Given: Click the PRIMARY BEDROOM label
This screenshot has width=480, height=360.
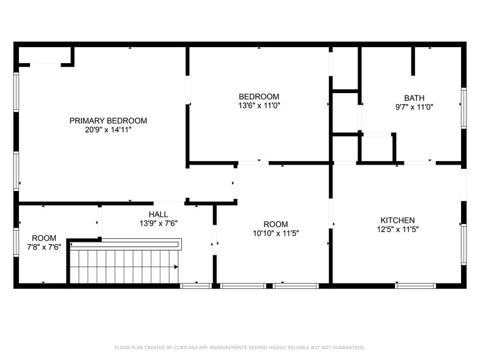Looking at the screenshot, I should pos(108,121).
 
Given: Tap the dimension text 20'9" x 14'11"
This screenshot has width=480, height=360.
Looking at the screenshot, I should pos(108,130).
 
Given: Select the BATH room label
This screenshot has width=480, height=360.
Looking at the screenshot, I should pos(414,98).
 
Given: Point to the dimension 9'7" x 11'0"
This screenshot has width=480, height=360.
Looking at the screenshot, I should pos(414,107).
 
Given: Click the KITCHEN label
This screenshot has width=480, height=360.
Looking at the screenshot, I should pos(397,220).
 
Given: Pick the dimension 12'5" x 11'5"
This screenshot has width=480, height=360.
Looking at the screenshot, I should pos(397,230).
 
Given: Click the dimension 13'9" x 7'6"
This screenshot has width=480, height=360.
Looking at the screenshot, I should pos(158,223).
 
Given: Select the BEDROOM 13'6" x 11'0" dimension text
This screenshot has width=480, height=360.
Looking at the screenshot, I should pos(259,105).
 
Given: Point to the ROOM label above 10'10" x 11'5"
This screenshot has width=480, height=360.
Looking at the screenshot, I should pos(276,224).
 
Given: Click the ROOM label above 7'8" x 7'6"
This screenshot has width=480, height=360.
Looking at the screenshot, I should pos(44,238).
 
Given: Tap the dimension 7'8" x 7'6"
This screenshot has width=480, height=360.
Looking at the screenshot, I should pos(44,247).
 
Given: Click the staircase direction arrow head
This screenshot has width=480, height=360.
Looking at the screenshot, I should pos(176,267).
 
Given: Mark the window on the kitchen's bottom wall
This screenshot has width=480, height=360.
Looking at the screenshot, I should pos(416,285).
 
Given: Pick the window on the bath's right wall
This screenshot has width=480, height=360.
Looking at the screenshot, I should pos(463,108).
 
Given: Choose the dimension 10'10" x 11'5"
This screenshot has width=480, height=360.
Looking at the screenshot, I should pos(276,233).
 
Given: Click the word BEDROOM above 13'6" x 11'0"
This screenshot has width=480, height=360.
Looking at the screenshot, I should pos(259,96).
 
